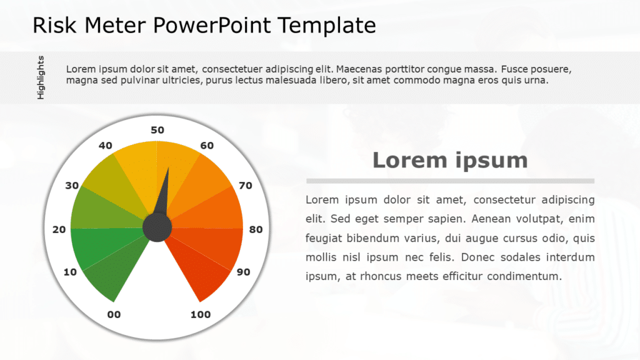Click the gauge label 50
[157, 130]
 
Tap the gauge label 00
[114, 314]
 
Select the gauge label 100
[200, 314]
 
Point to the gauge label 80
[256, 229]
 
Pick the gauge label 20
[59, 229]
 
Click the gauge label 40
[106, 146]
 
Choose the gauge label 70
[246, 186]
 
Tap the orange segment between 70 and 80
[219, 209]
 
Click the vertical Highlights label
[41, 77]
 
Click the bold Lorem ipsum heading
[450, 160]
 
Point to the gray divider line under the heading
[450, 181]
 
